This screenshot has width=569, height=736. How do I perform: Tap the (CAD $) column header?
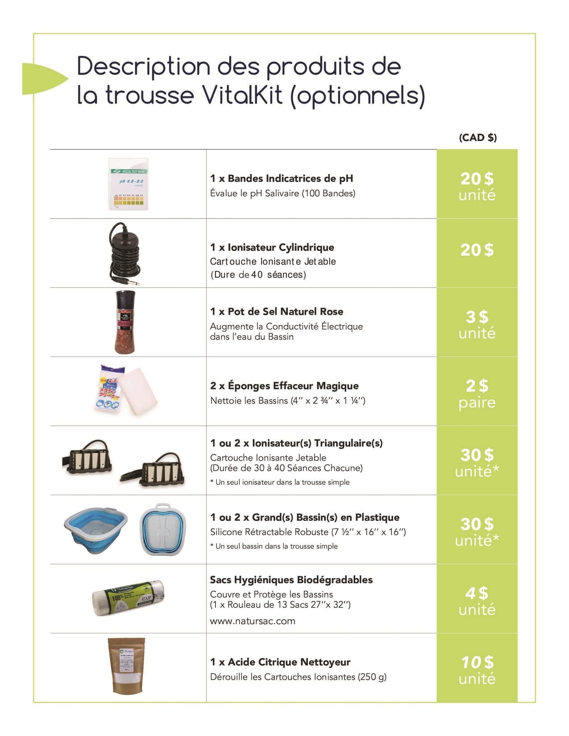tap(478, 137)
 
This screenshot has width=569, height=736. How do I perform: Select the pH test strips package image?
tap(129, 184)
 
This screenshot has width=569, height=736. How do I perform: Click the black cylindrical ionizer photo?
tap(124, 253)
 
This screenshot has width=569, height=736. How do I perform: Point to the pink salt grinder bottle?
tap(125, 322)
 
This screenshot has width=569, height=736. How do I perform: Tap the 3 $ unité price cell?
tap(477, 324)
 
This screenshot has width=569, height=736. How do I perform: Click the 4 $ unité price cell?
tap(477, 600)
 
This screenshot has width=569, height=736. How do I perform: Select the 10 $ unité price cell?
tap(477, 670)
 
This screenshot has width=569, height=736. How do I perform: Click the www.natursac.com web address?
tap(253, 621)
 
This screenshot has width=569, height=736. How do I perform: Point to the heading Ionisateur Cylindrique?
tap(281, 247)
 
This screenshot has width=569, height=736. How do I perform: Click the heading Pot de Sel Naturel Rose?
tap(285, 311)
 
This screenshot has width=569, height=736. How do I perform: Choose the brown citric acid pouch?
tap(126, 666)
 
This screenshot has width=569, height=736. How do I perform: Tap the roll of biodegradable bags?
tap(128, 598)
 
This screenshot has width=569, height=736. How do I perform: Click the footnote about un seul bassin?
tap(274, 546)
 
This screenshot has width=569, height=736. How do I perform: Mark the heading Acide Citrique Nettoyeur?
tap(289, 662)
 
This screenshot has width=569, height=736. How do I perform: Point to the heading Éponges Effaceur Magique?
tap(293, 385)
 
